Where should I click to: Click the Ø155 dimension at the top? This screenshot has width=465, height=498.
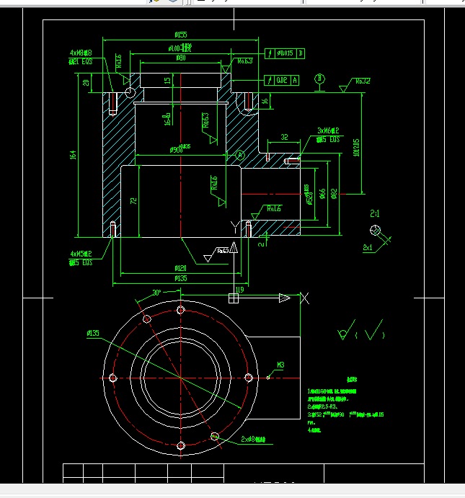(x=181, y=34)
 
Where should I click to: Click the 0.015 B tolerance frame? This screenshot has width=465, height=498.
(x=285, y=53)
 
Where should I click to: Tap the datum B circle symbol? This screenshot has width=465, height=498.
(x=319, y=78)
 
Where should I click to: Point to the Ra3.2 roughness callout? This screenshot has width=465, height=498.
(x=362, y=81)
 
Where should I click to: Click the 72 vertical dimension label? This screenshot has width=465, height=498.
(x=133, y=202)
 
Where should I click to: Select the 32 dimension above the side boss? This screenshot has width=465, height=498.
(x=284, y=136)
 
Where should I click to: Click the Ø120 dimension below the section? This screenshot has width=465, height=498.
(x=180, y=268)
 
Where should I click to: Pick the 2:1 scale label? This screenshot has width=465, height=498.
(x=375, y=214)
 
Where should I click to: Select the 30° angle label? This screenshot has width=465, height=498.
(x=156, y=293)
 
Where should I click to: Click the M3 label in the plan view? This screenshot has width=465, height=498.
(x=280, y=365)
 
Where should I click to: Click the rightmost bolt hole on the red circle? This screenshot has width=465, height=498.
(x=248, y=378)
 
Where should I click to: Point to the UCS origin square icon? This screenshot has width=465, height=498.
(x=234, y=298)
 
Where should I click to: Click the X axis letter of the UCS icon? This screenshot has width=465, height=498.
(x=304, y=298)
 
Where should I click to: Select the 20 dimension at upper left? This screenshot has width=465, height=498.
(x=86, y=83)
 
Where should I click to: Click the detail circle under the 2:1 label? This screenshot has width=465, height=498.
(x=374, y=230)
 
